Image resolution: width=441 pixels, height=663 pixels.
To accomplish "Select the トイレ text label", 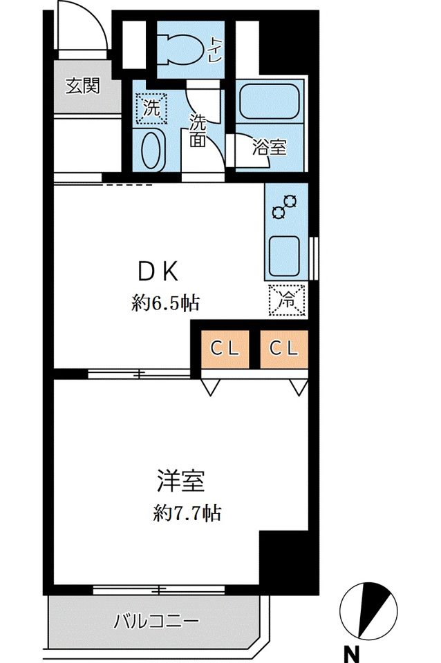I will [216, 50].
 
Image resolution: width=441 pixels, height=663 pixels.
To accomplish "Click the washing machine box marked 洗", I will [151, 109].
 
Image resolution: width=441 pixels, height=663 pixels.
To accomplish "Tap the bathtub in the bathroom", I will [269, 104].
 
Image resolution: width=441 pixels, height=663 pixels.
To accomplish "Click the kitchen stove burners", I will [284, 206].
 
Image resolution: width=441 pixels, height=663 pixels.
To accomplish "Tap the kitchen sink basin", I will [285, 253].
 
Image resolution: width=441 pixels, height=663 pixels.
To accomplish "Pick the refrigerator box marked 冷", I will [285, 300].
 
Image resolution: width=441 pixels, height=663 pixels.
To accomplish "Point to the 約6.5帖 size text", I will [166, 302].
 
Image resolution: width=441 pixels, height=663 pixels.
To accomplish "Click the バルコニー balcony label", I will [156, 619].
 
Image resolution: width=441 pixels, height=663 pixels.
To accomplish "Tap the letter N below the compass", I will [353, 651].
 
